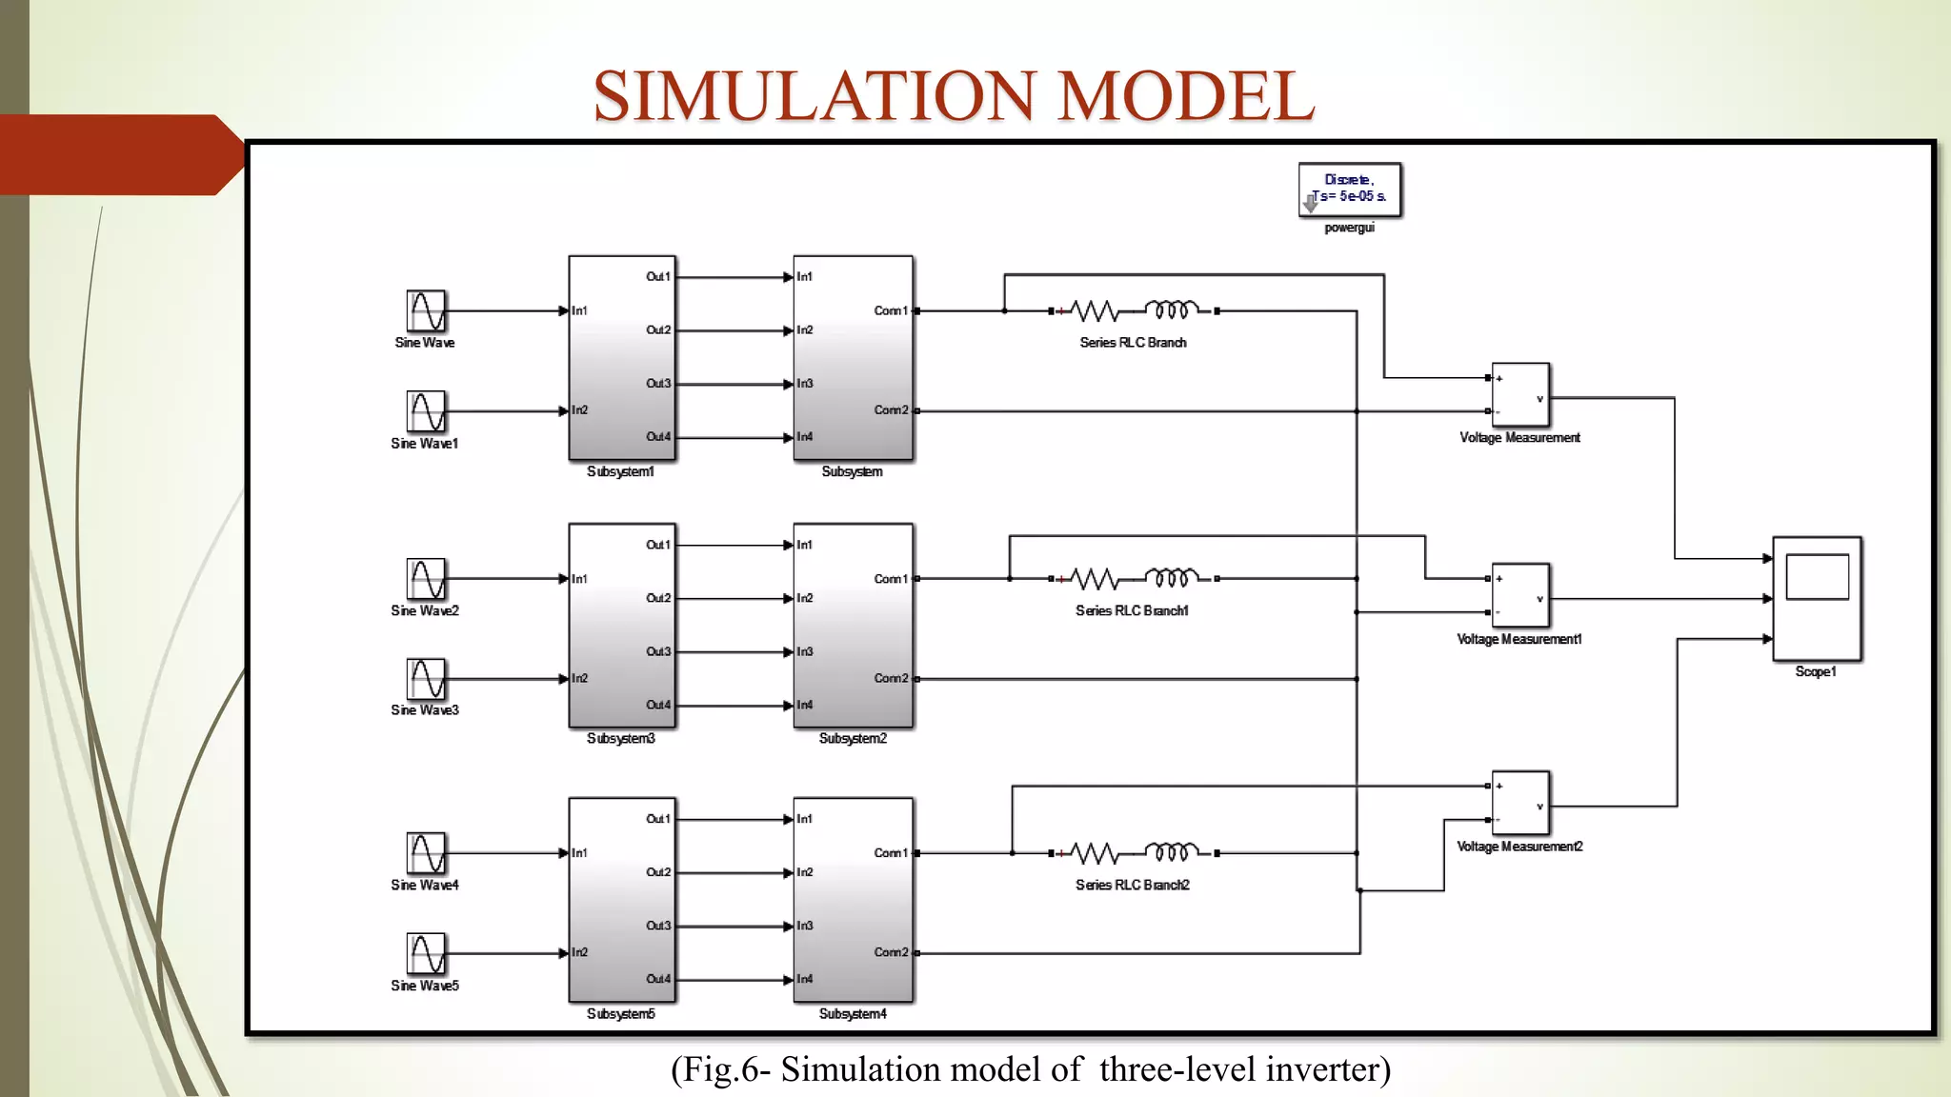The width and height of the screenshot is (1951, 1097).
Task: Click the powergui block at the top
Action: [x=1349, y=189]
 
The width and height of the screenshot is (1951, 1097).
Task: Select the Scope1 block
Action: [x=1817, y=598]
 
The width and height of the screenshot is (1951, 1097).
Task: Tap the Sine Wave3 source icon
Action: [x=426, y=679]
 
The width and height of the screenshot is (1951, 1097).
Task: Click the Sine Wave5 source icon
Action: [x=426, y=953]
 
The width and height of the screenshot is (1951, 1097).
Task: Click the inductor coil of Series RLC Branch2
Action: [x=1171, y=851]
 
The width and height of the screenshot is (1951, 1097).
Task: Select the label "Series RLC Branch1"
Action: [x=1132, y=610]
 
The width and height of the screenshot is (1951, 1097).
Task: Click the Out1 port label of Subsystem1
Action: [x=658, y=276]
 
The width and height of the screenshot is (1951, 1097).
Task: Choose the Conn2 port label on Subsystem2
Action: [x=891, y=678]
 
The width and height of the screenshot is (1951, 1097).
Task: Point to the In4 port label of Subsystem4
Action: [x=805, y=979]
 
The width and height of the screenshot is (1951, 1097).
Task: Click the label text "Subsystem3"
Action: [x=621, y=738]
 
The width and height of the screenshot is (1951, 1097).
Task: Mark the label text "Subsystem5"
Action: [x=621, y=1013]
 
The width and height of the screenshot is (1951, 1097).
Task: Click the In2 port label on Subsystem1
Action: [x=580, y=409]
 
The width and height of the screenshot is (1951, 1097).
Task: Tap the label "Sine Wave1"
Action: [x=425, y=443]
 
